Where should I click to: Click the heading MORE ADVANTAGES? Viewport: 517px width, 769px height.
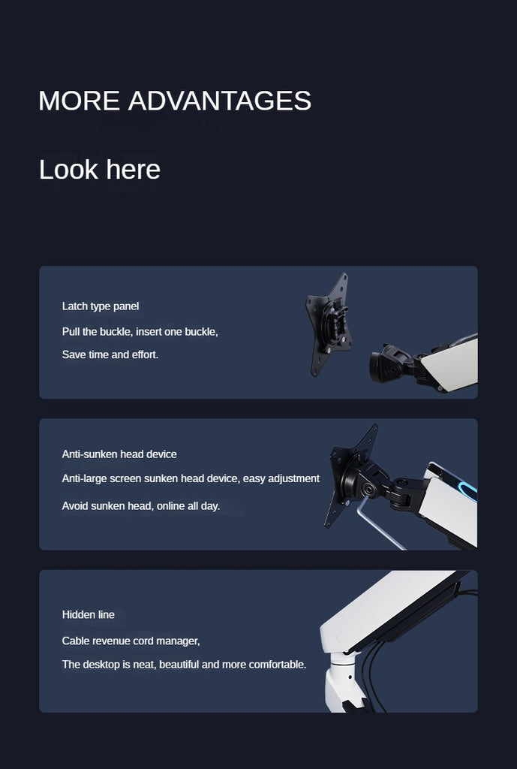[x=174, y=101]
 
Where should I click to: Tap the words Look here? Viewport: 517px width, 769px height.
[x=99, y=170]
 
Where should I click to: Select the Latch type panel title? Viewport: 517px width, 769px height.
[x=100, y=306]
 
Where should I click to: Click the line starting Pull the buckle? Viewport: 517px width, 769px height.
[x=140, y=331]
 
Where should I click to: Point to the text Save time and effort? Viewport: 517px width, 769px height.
[x=110, y=354]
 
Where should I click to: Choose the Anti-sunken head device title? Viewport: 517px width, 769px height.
[x=119, y=454]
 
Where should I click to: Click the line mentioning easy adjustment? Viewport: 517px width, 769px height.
[x=191, y=478]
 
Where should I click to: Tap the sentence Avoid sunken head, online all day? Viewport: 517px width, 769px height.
[x=140, y=506]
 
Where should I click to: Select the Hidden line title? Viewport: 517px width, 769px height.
[x=88, y=615]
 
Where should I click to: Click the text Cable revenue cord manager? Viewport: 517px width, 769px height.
[x=131, y=641]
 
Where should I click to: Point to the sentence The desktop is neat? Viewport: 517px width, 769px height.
[x=184, y=665]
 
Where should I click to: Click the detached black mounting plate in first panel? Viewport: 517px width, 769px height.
[x=328, y=324]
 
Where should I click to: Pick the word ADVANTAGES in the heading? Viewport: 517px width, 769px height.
[x=219, y=101]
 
